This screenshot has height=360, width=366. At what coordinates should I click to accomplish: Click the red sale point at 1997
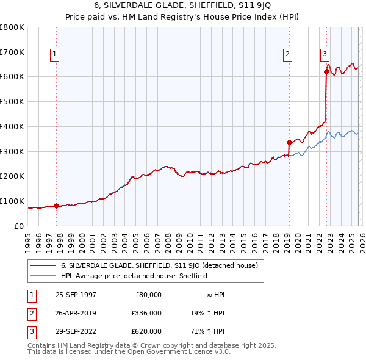tap(57, 206)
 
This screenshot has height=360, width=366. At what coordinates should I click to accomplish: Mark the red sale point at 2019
tap(289, 142)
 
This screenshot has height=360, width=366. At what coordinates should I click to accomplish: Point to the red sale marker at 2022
tap(326, 72)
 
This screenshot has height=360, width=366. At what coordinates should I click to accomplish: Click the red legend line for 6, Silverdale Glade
tap(43, 265)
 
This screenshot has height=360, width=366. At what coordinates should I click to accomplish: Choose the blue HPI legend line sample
tap(43, 276)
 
